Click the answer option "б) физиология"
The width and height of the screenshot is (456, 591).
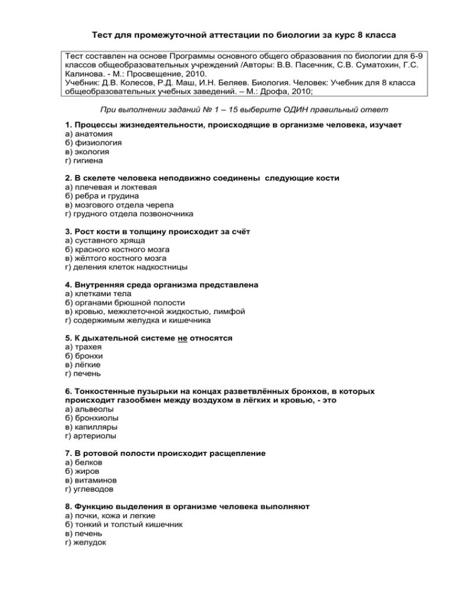(93, 143)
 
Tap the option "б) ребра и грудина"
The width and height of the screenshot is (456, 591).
(102, 196)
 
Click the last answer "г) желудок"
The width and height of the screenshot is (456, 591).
(85, 542)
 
